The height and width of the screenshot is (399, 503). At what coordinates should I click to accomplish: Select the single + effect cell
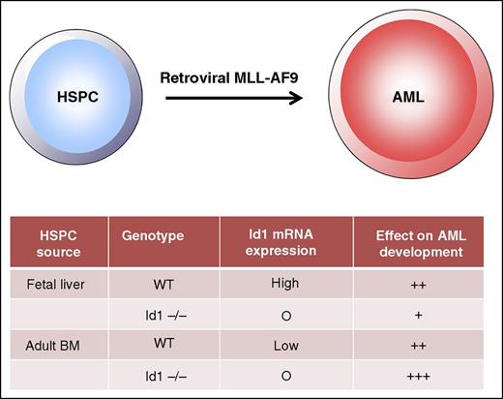419,314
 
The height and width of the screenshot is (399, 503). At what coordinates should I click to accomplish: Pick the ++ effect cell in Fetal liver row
419,286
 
